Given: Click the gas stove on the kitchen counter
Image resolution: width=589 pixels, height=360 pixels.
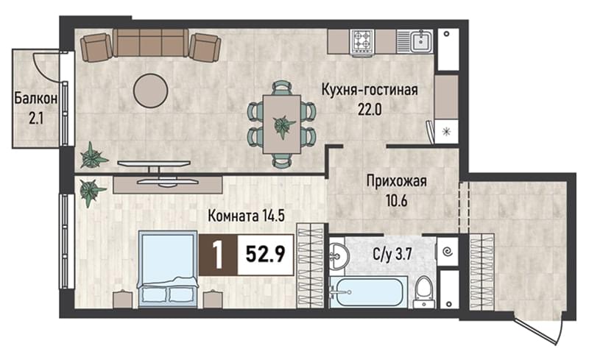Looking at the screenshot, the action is (363, 41).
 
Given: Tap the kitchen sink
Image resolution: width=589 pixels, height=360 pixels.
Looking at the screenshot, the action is (421, 41).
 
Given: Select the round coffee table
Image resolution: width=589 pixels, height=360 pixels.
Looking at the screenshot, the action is (151, 91).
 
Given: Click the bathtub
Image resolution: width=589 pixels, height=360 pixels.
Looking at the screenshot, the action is (369, 293).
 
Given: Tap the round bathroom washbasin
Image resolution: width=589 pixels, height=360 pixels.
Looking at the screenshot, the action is (339, 256).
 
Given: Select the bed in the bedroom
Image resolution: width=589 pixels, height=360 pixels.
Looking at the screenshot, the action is (168, 269).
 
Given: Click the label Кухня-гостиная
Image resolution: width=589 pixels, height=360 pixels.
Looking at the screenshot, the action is (370, 91).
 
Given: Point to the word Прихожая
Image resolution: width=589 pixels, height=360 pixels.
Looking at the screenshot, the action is (396, 181).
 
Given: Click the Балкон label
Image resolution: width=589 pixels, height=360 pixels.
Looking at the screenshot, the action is (35, 99).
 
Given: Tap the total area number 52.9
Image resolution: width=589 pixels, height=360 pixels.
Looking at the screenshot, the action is (265, 255).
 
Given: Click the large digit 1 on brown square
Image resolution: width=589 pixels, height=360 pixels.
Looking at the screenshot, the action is (218, 255).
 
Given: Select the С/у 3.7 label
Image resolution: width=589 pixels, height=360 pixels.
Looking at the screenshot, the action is (392, 255).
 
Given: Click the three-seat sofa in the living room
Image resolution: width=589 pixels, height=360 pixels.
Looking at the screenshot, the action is (150, 43).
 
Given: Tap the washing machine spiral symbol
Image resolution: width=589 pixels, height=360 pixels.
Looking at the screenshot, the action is (448, 251).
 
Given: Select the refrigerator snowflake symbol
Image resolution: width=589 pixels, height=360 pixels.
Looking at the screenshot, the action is (447, 132).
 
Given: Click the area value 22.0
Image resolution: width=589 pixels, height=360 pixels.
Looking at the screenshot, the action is (370, 110).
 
